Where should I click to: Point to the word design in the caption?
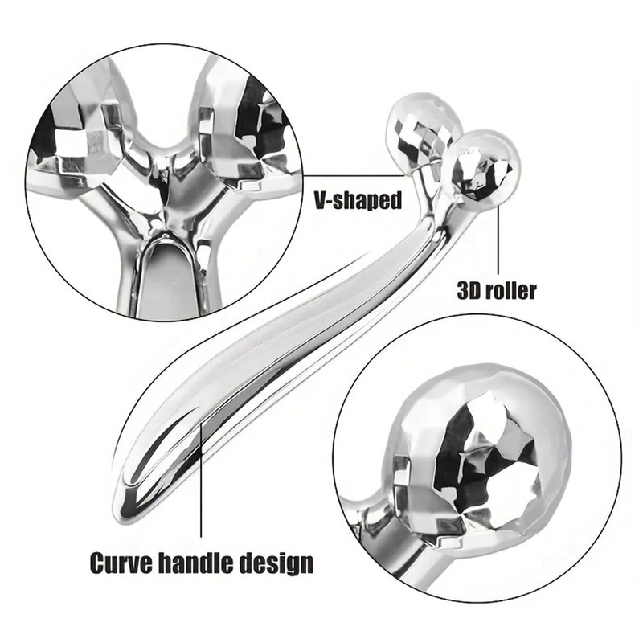pos(278,563)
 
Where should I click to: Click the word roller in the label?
pos(511,289)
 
